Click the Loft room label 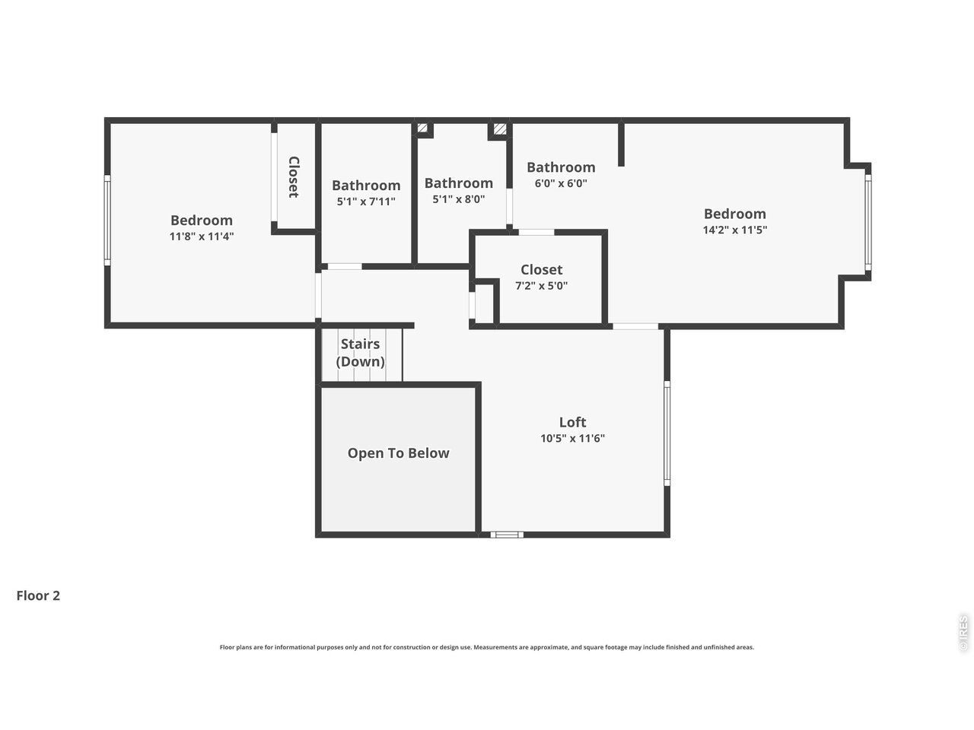572,422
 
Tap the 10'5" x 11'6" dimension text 572,438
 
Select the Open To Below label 398,453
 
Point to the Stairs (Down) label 360,353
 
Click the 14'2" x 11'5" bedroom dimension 735,230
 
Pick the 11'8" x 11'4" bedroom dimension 202,236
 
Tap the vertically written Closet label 294,177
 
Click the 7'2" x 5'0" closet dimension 541,286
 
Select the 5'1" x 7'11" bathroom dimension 366,202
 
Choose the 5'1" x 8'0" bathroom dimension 458,199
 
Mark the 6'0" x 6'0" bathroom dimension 561,183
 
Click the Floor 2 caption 38,595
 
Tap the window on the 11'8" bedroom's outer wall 107,220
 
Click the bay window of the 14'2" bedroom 868,222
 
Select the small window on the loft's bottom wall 507,535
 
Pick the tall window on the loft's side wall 667,433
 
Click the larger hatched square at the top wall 500,129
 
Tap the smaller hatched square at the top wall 422,128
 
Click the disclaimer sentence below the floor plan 487,648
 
